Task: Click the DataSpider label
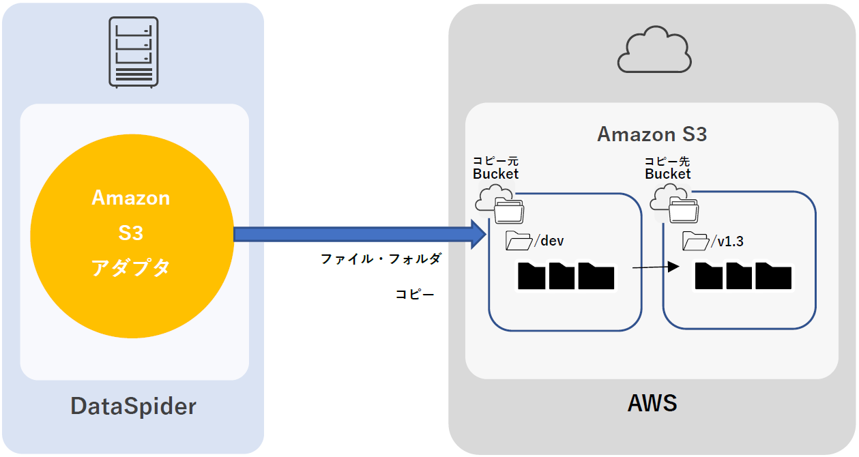[x=133, y=407]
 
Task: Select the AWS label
[x=652, y=403]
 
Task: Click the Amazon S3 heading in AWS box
[x=652, y=134]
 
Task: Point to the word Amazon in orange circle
[x=130, y=198]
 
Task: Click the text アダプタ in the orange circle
[x=130, y=268]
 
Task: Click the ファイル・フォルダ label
[x=381, y=259]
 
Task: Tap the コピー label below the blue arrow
[x=415, y=295]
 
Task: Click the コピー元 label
[x=496, y=161]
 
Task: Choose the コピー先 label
[x=668, y=161]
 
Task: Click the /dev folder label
[x=550, y=241]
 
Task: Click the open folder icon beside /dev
[x=519, y=241]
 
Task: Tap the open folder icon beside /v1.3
[x=696, y=241]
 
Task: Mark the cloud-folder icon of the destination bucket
[x=675, y=205]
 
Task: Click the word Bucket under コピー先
[x=668, y=174]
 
